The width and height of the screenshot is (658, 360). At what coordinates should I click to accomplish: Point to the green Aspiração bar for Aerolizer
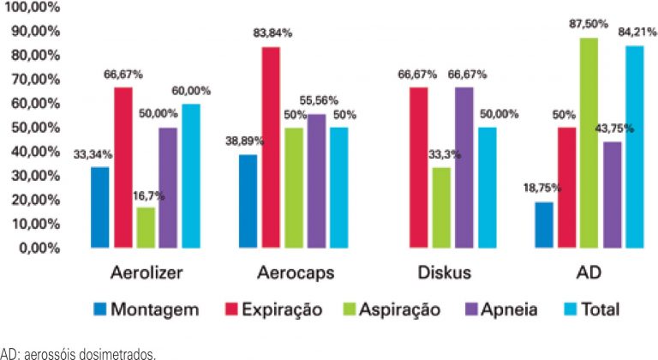(147, 228)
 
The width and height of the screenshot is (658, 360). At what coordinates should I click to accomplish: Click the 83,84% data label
(272, 33)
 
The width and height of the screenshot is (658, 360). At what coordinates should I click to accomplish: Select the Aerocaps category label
(295, 273)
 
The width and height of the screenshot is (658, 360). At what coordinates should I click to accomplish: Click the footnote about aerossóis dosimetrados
(79, 351)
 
